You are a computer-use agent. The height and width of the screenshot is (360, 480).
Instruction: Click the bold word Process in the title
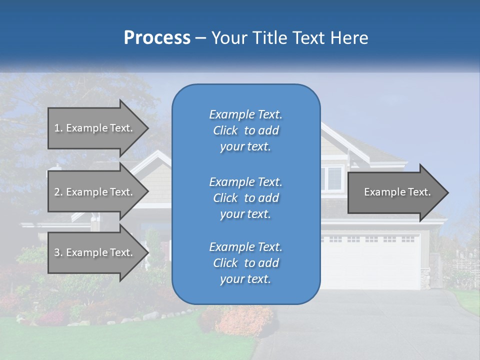157,38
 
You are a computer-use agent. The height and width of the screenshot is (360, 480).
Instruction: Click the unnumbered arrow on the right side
395,192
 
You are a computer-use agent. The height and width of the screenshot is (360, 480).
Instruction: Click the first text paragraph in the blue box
245,130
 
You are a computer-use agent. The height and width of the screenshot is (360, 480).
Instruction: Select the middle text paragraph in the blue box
245,198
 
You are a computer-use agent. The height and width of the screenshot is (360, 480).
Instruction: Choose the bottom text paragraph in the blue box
245,263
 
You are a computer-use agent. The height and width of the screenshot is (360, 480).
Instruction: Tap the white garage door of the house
370,262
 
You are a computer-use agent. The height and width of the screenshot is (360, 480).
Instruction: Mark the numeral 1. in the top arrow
58,128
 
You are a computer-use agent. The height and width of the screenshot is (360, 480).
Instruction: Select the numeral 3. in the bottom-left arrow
58,252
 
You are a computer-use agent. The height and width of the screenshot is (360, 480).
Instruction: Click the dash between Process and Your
201,38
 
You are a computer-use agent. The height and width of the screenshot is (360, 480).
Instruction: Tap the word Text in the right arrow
419,192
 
